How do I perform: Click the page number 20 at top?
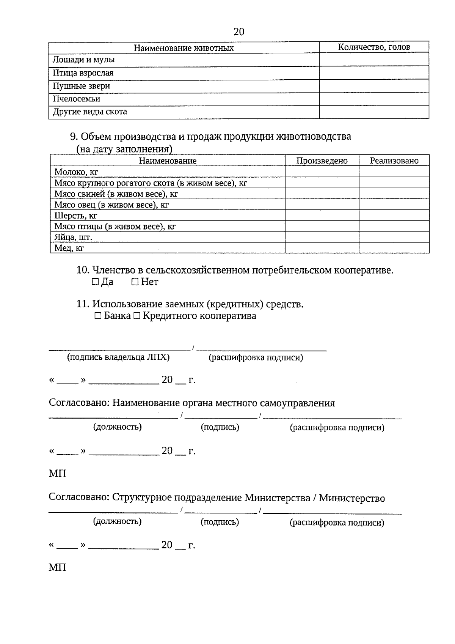tap(239, 31)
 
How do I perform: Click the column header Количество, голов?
tap(374, 47)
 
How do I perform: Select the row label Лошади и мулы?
tap(83, 60)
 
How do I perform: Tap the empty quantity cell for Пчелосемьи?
tap(374, 99)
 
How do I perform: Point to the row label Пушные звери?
tap(81, 86)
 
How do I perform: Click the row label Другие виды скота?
tap(90, 112)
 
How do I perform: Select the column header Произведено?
tap(322, 161)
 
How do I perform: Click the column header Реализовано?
tap(394, 161)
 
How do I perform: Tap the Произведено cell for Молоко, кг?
tap(322, 172)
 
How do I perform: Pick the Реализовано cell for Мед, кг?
tap(394, 248)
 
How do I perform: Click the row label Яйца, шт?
tap(73, 237)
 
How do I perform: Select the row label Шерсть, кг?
tap(76, 216)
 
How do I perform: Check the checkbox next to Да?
tap(95, 282)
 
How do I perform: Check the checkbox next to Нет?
tap(135, 282)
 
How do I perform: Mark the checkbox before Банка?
tap(98, 316)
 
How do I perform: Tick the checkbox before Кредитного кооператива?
tap(137, 316)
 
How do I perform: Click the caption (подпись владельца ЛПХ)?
tap(118, 357)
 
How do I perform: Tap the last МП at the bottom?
tap(57, 567)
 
